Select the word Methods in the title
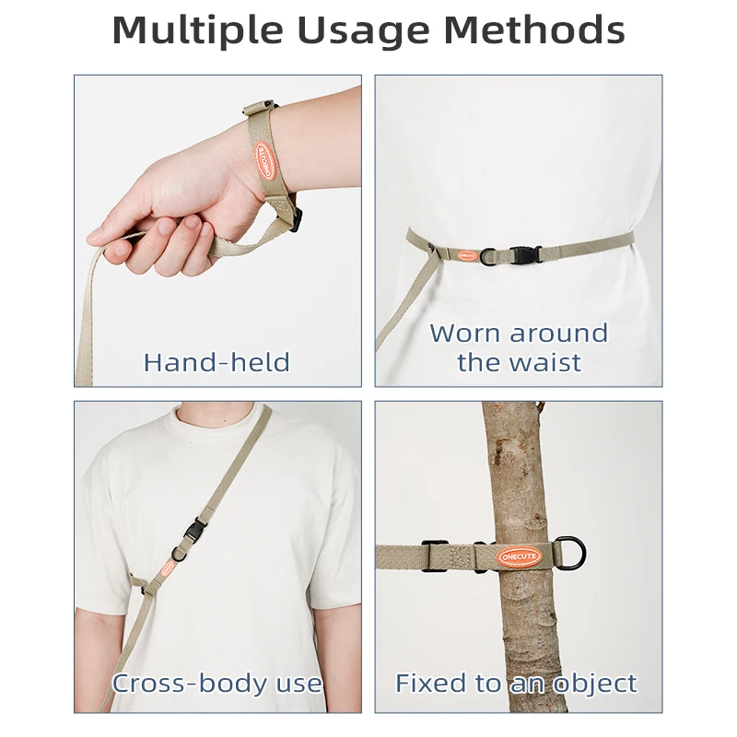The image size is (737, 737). click(534, 29)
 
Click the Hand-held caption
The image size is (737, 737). click(216, 362)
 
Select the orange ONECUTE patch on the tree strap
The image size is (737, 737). click(520, 557)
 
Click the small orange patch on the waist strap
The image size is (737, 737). click(468, 256)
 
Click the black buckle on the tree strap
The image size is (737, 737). click(435, 556)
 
